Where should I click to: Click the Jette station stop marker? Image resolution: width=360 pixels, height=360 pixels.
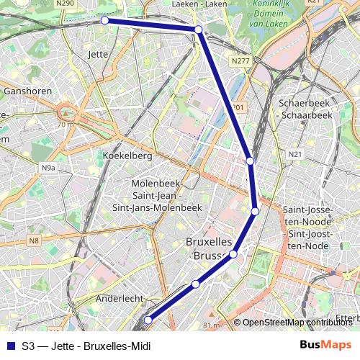point(104,20)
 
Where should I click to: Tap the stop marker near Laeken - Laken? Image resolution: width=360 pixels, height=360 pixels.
point(198,30)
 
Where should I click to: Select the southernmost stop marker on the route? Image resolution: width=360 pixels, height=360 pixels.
point(148,320)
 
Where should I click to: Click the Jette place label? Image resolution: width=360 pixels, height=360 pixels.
point(97,54)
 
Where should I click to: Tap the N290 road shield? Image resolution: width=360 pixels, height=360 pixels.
point(65,4)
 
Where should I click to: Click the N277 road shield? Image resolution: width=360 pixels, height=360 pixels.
point(240,61)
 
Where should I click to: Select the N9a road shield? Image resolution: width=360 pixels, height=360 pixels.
point(48,168)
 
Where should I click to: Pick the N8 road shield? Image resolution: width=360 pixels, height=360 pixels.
point(35,240)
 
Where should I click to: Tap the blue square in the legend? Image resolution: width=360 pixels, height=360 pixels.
point(10,346)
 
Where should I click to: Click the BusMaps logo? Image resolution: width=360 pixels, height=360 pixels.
point(326,346)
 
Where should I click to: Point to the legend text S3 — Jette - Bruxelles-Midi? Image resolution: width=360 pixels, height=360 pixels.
point(86,346)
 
